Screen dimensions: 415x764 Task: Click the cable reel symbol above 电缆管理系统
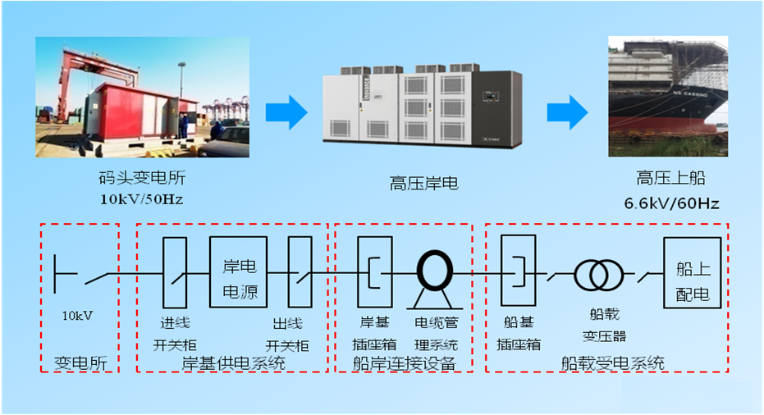(x=436, y=270)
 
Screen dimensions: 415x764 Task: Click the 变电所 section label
(x=75, y=363)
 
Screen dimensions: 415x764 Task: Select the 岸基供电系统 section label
(x=232, y=363)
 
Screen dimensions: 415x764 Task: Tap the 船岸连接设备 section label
(x=405, y=363)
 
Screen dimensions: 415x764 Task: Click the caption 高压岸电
(x=424, y=184)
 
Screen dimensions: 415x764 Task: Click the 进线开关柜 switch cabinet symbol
(x=175, y=271)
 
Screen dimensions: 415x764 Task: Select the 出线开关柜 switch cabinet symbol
(x=300, y=271)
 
